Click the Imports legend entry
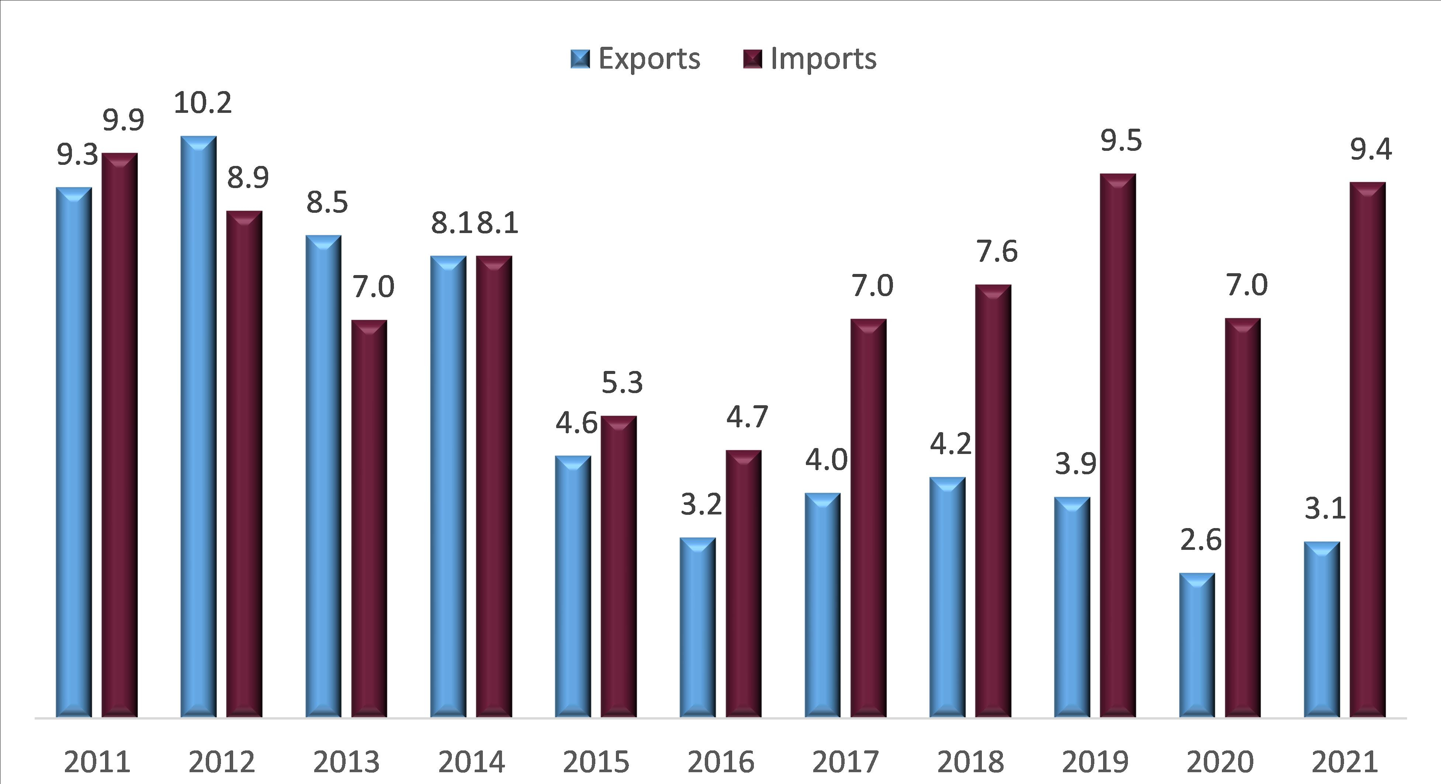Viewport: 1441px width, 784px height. click(810, 59)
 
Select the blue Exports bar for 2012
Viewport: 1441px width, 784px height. click(198, 425)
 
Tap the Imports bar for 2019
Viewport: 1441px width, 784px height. click(1118, 445)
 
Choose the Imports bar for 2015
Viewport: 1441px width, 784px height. click(619, 566)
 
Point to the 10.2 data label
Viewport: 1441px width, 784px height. click(202, 103)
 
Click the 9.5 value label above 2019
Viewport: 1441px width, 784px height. click(1121, 141)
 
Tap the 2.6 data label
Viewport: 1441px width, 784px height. click(1201, 540)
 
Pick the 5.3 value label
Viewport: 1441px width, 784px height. click(622, 382)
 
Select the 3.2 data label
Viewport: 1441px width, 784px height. click(701, 505)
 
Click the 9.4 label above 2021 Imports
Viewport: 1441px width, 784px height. click(1371, 149)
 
